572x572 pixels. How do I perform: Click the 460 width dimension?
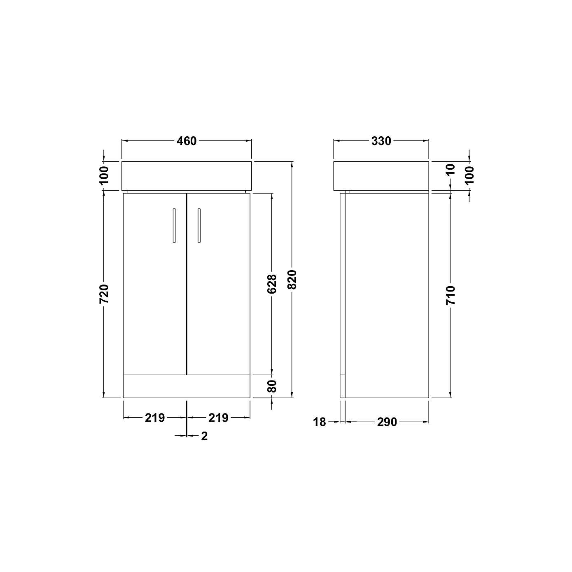tap(187, 141)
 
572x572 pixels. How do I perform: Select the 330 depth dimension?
tap(381, 141)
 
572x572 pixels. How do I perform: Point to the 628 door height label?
tap(272, 284)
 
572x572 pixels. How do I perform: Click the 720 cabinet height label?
tap(104, 294)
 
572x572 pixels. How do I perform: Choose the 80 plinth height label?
tap(272, 386)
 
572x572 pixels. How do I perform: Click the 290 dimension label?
tap(387, 422)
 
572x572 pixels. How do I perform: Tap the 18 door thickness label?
tap(320, 422)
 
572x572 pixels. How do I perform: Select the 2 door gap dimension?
tap(204, 436)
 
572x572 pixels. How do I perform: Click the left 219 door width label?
tap(154, 418)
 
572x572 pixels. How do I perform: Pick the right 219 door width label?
tap(218, 418)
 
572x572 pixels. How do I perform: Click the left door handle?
tap(174, 225)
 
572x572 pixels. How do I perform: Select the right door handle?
tap(199, 225)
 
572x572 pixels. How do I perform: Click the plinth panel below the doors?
tap(187, 386)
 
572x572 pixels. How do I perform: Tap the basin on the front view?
tap(187, 176)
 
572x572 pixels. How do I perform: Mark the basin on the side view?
tap(381, 176)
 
